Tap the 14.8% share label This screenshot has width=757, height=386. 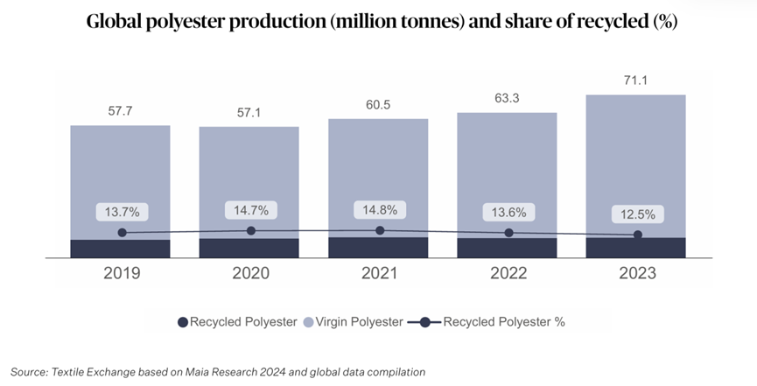pos(379,210)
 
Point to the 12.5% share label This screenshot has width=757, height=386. pos(637,214)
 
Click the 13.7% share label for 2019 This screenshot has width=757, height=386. pos(122,212)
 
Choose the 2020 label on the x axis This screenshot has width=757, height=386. pos(249,273)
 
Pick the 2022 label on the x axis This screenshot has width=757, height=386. pos(508,273)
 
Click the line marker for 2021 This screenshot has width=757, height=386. pos(379,230)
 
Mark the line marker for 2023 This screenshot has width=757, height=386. pos(637,235)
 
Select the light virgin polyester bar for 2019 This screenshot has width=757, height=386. pos(121,175)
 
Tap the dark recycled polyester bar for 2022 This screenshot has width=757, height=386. pos(508,248)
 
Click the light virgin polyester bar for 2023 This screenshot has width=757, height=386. pos(636,158)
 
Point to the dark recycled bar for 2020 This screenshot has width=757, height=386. pos(249,248)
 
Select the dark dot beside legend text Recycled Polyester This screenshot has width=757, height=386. pos(183,322)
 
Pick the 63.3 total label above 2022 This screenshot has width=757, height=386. pos(508,99)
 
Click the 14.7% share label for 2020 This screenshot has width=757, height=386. pos(250,210)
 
